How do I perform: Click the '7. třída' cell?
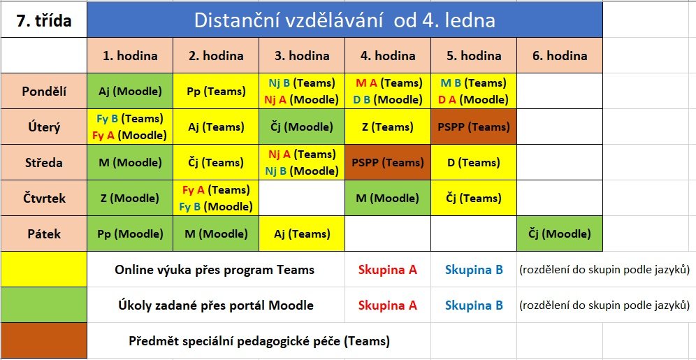(x=43, y=20)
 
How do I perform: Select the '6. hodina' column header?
(x=559, y=55)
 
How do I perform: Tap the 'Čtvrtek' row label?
(x=44, y=198)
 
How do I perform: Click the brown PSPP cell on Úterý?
(x=474, y=127)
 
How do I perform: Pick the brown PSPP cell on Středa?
(x=388, y=162)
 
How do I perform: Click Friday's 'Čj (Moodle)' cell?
(x=559, y=234)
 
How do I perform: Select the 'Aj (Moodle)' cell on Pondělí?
(x=130, y=92)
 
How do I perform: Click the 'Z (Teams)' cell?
(x=388, y=127)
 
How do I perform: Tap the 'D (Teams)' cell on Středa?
(x=474, y=162)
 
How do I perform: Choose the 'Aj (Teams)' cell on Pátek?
(x=302, y=234)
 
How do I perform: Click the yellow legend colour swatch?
(x=44, y=269)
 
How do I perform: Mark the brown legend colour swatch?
(x=44, y=340)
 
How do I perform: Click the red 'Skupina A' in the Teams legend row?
(x=388, y=270)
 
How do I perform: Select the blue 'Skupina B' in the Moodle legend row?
(x=474, y=305)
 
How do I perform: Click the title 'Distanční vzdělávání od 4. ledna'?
(x=345, y=20)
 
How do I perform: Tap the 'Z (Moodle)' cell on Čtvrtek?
(x=130, y=198)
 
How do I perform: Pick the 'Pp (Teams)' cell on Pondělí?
(x=216, y=92)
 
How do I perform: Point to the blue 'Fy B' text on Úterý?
(x=107, y=119)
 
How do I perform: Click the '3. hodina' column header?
(x=302, y=55)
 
